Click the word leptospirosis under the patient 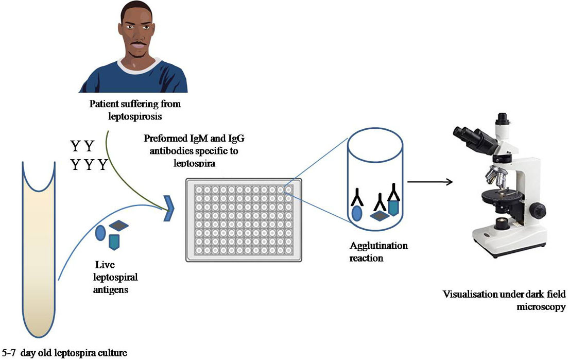(x=135, y=117)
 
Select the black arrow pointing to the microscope (x=430, y=181)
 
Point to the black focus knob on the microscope (x=538, y=210)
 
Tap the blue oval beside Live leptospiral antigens (x=100, y=232)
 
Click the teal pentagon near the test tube (x=114, y=241)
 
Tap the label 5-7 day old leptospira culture (x=64, y=353)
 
